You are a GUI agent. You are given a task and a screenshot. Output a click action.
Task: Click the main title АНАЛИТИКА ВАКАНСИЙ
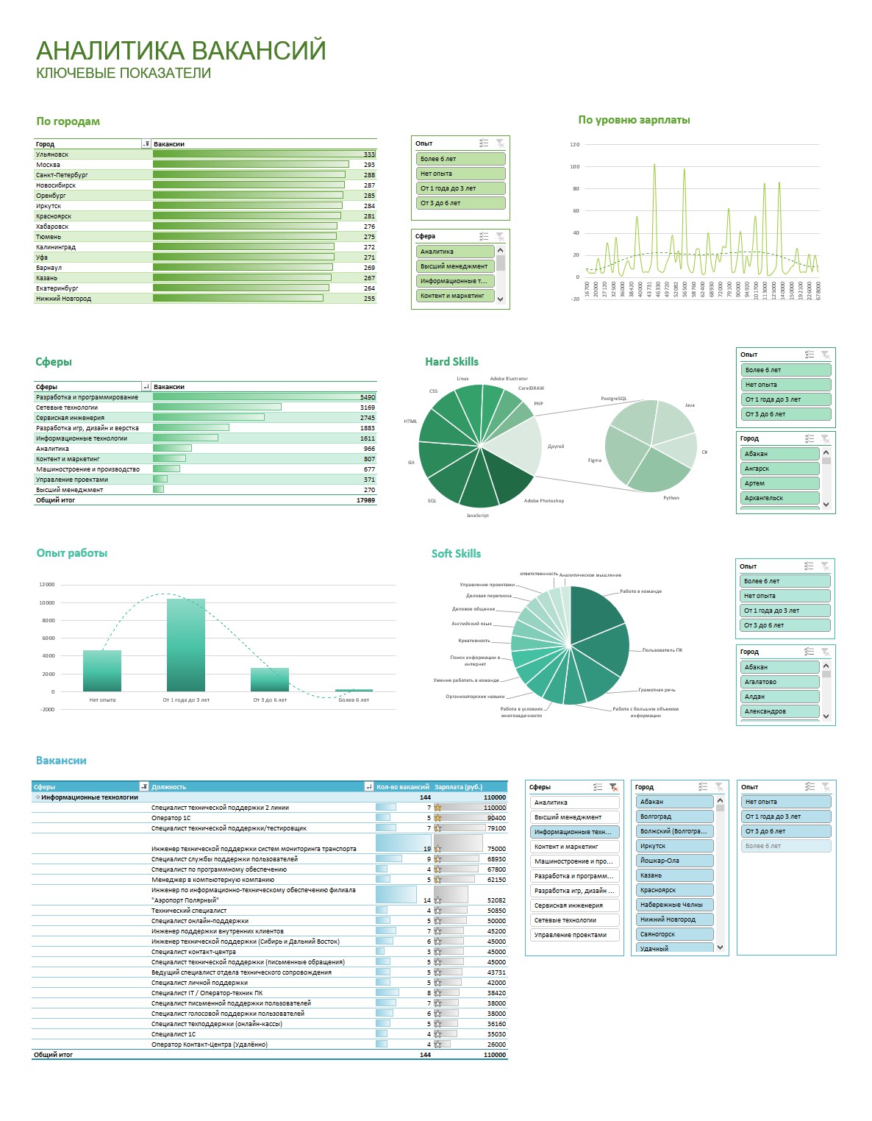click(x=181, y=51)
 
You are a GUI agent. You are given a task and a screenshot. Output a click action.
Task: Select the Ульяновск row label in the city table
click(x=52, y=154)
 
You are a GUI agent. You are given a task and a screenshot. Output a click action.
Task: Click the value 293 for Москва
click(x=369, y=165)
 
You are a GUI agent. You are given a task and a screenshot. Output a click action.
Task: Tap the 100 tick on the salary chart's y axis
click(x=575, y=167)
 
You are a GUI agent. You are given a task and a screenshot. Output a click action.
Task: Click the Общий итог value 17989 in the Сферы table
click(x=365, y=500)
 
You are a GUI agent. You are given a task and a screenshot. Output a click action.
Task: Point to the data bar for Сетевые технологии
click(x=217, y=408)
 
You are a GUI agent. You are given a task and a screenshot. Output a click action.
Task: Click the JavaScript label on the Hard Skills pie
click(x=477, y=516)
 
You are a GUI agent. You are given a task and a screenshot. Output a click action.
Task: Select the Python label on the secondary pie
click(x=671, y=498)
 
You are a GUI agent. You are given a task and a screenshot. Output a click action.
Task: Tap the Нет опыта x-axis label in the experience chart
click(x=102, y=700)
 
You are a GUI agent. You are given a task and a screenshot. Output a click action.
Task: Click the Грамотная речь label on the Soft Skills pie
click(x=657, y=690)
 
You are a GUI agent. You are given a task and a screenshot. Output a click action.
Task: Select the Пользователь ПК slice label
click(x=662, y=650)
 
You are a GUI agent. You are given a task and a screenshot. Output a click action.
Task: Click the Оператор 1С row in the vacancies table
click(x=171, y=818)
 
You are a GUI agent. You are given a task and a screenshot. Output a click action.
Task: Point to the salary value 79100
click(x=496, y=828)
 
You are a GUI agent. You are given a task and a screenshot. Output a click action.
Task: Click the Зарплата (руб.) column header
click(x=459, y=787)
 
